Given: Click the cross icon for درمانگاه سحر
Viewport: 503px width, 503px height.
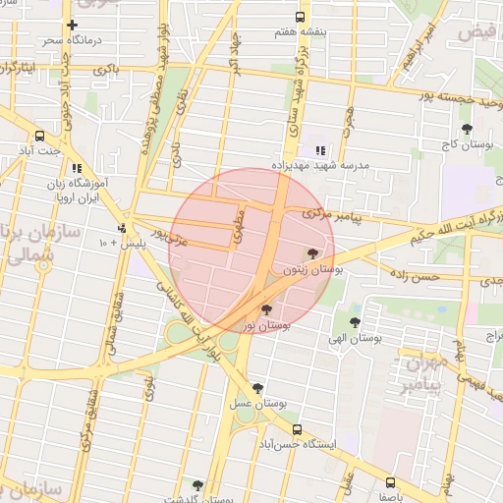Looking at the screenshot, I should (x=72, y=26).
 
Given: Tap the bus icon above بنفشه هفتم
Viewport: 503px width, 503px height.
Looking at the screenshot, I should (x=300, y=17).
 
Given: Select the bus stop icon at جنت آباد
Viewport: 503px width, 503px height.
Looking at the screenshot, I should (x=40, y=136).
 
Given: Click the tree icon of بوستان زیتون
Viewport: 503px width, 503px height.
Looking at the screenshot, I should (x=313, y=252).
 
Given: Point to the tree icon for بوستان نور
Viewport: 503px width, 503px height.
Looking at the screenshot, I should (x=266, y=309).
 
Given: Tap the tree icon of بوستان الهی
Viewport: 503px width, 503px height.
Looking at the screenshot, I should (x=355, y=322).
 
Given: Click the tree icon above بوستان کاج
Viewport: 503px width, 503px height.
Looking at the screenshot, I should (x=467, y=129).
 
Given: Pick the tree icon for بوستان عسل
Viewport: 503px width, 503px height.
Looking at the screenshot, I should (x=257, y=388).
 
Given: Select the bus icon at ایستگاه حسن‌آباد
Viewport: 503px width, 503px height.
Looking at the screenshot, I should (x=298, y=429).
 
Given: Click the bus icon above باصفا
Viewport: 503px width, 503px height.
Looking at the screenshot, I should (x=391, y=481).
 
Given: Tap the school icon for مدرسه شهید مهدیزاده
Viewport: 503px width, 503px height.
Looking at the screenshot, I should (x=320, y=150).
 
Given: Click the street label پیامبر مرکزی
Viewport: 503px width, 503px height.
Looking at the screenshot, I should (x=331, y=213).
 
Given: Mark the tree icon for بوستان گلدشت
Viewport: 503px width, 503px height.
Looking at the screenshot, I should (x=197, y=485).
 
